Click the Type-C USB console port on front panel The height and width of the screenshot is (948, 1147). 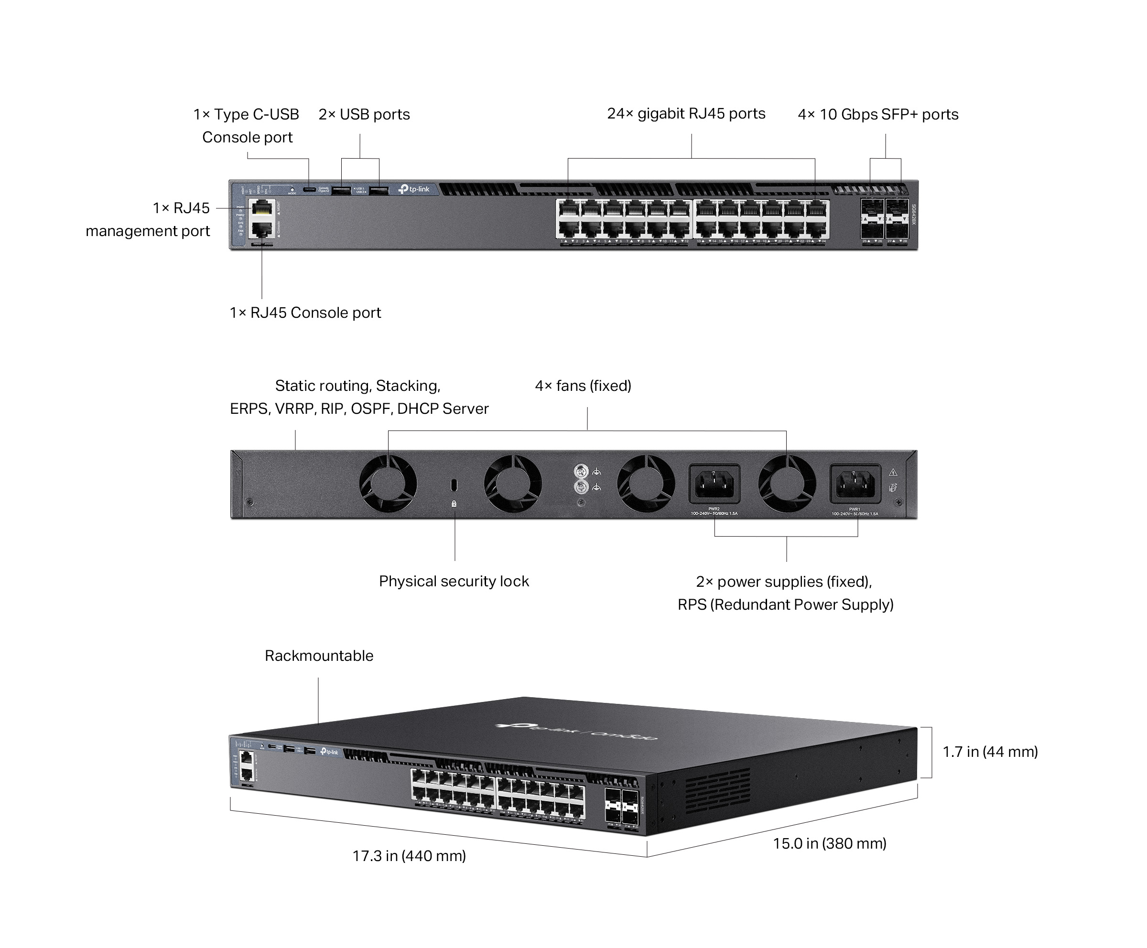tap(310, 190)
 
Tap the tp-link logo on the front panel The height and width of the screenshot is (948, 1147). tap(414, 189)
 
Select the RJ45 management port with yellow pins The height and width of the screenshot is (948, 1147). tap(261, 208)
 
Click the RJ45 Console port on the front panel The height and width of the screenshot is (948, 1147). tap(261, 229)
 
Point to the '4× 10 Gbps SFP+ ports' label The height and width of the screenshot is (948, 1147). tap(878, 115)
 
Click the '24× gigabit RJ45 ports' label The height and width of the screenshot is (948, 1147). tap(686, 114)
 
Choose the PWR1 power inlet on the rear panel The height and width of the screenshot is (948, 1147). tap(855, 484)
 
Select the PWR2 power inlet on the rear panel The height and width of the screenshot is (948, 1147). tap(714, 484)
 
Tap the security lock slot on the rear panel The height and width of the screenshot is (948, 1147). tap(454, 485)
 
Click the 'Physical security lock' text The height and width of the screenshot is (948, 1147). tap(454, 581)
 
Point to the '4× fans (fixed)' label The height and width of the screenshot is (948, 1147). tap(583, 386)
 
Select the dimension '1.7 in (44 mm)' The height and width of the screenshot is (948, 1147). tap(990, 752)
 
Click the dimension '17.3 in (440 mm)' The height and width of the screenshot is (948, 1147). tap(409, 856)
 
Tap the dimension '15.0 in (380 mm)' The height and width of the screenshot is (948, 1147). tap(829, 844)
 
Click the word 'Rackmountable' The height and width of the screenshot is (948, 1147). tap(319, 656)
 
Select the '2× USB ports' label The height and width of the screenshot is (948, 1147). tap(364, 115)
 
